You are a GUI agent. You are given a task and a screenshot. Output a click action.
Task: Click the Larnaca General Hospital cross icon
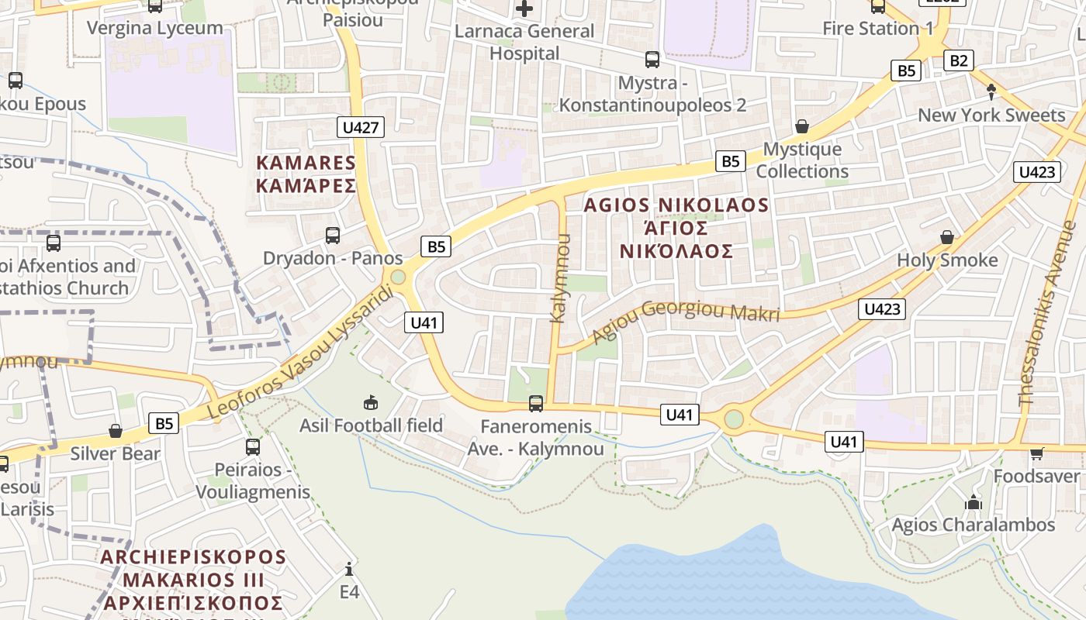(525, 9)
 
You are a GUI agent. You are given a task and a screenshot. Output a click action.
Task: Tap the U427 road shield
(361, 127)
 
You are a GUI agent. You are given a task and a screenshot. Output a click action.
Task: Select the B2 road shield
(958, 60)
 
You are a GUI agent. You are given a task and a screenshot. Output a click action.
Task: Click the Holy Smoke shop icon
(946, 237)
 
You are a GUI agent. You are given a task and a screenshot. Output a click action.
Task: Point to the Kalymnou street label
(560, 278)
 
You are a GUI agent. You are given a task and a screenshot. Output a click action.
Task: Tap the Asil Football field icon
(371, 402)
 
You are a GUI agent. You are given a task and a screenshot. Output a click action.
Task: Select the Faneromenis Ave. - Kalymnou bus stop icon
(535, 403)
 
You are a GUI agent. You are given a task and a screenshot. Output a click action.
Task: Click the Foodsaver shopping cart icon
(1036, 453)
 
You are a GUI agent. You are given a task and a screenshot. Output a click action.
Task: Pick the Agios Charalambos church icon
(974, 502)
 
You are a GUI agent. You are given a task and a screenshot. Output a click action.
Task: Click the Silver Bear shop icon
(116, 431)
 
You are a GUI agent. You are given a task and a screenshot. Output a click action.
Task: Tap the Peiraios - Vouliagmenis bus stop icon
(252, 447)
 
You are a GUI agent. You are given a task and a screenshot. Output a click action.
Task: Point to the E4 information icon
(349, 570)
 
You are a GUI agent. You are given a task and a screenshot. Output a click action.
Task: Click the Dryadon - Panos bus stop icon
(333, 235)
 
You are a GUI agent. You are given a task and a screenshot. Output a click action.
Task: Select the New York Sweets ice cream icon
(991, 92)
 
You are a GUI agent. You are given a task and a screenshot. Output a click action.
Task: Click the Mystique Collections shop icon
(801, 126)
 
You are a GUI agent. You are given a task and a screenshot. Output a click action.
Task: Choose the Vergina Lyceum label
(155, 29)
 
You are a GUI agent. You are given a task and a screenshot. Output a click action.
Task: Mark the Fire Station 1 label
(878, 29)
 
